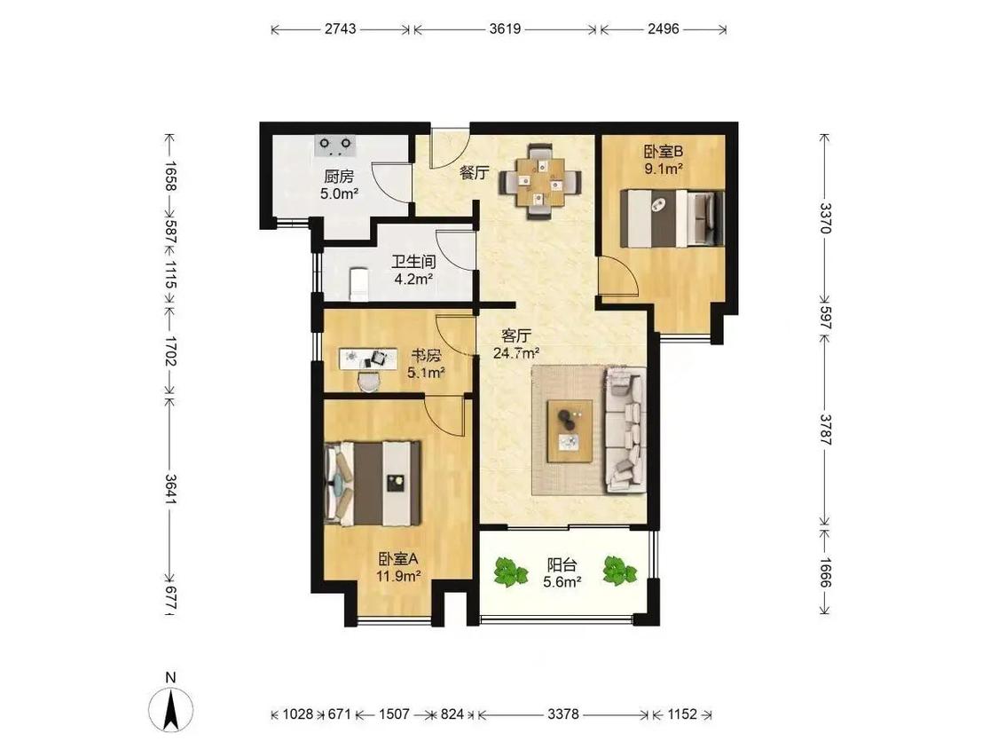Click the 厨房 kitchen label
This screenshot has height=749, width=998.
pos(339,176)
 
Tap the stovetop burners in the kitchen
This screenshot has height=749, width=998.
pos(334,146)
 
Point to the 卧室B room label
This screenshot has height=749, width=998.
pos(664,152)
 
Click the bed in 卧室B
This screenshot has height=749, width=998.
pos(672,218)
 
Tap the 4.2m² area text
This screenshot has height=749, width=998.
pos(413,279)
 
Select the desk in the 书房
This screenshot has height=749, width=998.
pos(366,359)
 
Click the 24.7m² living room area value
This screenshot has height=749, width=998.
pos(517,352)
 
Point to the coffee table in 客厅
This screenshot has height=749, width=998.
pos(570,431)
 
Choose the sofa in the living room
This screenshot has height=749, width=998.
pos(625,430)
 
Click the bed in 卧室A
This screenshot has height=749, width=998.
pos(373,484)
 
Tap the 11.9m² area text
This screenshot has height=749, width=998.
pos(397,577)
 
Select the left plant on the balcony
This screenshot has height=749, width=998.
pos(511,572)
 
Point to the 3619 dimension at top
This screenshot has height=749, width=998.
pos(506,28)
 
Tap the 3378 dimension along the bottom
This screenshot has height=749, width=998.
pos(563,714)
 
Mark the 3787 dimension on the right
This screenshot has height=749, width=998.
pos(825,430)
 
